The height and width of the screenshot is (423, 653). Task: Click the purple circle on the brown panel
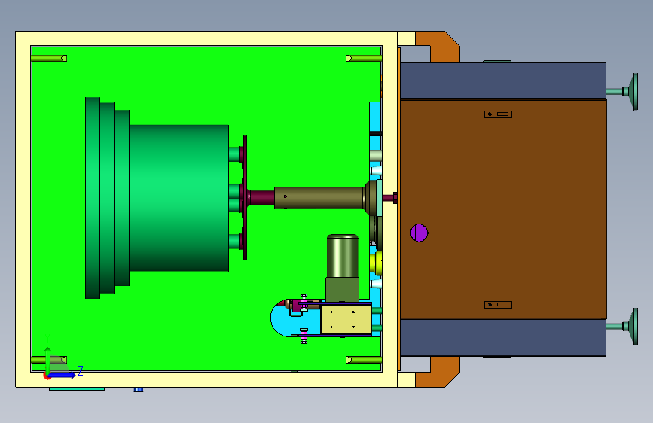click(419, 233)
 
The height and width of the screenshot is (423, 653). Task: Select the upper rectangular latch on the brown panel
click(498, 114)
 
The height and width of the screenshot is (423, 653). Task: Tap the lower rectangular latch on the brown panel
click(498, 305)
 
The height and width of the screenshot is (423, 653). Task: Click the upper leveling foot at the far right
click(623, 92)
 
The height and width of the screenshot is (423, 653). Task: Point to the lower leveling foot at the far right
click(623, 327)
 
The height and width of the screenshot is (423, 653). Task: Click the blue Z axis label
click(81, 370)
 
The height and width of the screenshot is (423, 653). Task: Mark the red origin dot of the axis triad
click(47, 376)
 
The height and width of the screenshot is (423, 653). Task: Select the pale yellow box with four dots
click(346, 319)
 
